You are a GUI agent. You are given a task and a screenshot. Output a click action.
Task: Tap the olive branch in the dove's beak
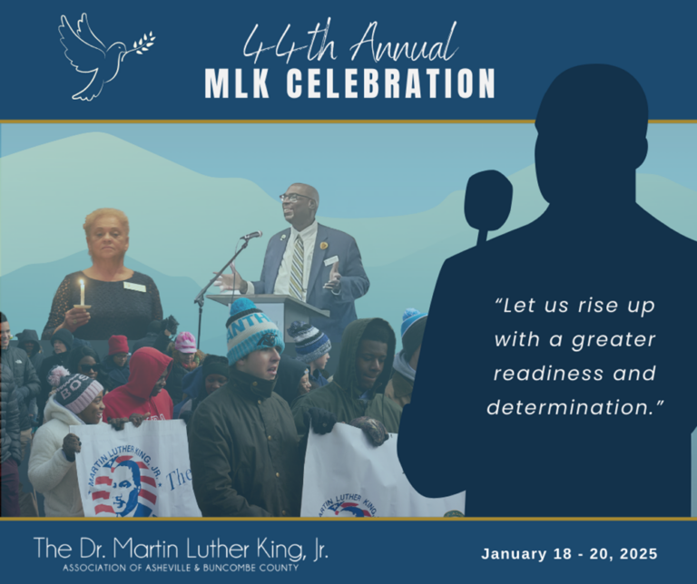pyautogui.click(x=143, y=44)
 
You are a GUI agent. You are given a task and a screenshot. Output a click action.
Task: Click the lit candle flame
pyautogui.click(x=82, y=284)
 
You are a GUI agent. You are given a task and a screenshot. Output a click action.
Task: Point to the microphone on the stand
pyautogui.click(x=251, y=235)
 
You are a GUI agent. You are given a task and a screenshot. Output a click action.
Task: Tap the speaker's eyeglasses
pyautogui.click(x=296, y=197)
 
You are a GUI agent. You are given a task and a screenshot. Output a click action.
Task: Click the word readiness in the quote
pyautogui.click(x=547, y=373)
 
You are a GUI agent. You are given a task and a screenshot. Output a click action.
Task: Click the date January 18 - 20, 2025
pyautogui.click(x=569, y=554)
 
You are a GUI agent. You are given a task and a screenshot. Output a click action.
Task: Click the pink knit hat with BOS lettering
pyautogui.click(x=77, y=392)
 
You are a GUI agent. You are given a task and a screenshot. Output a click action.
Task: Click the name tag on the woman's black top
pyautogui.click(x=134, y=287)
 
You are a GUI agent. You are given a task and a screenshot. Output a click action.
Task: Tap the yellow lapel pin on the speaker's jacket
pyautogui.click(x=324, y=246)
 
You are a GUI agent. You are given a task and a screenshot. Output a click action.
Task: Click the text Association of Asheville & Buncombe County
pyautogui.click(x=181, y=568)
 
